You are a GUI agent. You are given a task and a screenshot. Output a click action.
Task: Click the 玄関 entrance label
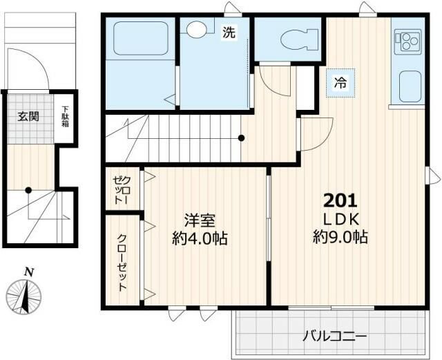(28, 116)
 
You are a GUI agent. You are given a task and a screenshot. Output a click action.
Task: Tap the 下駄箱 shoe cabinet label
(66, 116)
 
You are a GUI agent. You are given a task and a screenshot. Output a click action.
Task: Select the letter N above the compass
(29, 272)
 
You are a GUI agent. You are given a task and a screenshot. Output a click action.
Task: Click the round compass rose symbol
(23, 297)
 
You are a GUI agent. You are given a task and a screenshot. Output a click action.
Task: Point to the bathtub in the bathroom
(141, 39)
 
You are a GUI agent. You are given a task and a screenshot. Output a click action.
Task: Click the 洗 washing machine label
(229, 32)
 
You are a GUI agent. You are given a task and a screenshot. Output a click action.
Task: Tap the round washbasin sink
(197, 29)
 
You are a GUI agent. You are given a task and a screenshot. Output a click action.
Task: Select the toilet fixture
(299, 40)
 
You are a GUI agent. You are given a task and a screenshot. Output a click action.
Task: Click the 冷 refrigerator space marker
(340, 83)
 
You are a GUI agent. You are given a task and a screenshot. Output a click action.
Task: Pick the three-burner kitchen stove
(408, 41)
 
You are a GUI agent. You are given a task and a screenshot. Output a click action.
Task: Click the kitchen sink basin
(410, 86)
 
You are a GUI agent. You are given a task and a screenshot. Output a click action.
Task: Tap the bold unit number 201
(340, 201)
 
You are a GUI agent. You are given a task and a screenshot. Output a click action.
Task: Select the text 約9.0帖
(340, 237)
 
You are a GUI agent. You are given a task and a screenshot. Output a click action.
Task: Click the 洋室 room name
(200, 220)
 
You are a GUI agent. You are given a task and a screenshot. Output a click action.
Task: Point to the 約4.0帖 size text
(200, 238)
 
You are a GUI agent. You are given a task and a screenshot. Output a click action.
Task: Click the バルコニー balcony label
(334, 337)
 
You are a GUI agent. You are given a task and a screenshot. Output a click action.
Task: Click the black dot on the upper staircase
(241, 138)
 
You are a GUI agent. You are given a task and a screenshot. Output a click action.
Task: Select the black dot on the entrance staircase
(28, 190)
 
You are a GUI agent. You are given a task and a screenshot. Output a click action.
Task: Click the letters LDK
(340, 220)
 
